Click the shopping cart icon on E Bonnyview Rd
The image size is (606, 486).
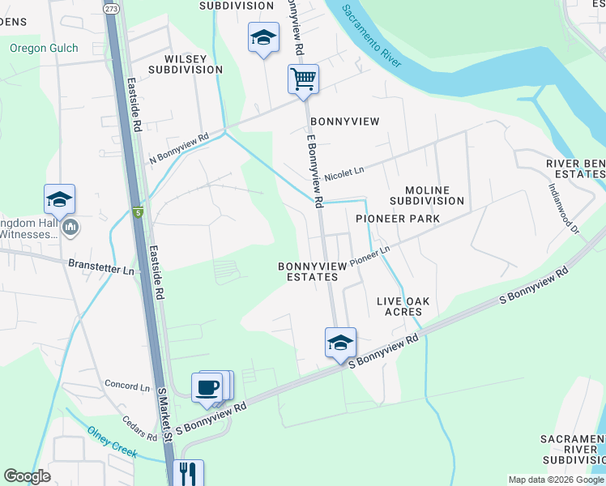click(303, 80)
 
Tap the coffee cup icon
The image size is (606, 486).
click(207, 386)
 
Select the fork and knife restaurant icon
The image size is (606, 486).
click(188, 472)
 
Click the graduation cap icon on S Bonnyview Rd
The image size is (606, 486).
click(340, 342)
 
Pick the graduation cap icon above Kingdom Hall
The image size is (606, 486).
click(59, 199)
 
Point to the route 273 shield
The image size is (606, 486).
click(112, 8)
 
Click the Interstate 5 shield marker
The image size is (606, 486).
click(138, 212)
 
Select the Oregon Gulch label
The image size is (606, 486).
click(44, 49)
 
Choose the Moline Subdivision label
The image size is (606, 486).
click(426, 194)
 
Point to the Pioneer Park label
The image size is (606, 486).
click(397, 219)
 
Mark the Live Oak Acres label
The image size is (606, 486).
click(399, 306)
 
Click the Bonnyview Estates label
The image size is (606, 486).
click(308, 271)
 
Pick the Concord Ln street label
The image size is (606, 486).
click(127, 386)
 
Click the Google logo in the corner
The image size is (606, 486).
click(26, 476)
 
